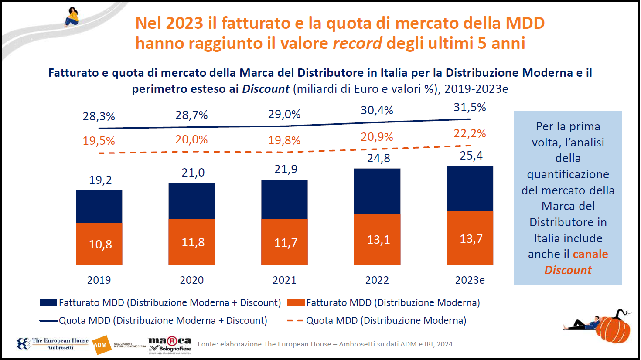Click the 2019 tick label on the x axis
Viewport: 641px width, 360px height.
pyautogui.click(x=99, y=280)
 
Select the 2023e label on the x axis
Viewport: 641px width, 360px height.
pyautogui.click(x=470, y=280)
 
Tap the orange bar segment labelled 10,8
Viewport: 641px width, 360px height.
pyautogui.click(x=99, y=244)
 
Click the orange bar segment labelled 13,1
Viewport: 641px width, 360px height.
pyautogui.click(x=377, y=239)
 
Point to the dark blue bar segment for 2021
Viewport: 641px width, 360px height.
pyautogui.click(x=284, y=199)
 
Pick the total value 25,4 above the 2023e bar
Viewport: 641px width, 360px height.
pyautogui.click(x=471, y=156)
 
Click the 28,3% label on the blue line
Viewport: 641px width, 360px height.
pyautogui.click(x=99, y=116)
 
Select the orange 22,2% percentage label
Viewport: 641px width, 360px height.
pyautogui.click(x=470, y=133)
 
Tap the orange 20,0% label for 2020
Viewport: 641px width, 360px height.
pyautogui.click(x=191, y=139)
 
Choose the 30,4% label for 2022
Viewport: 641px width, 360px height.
pyautogui.click(x=377, y=110)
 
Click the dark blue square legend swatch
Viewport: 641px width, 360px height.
pyautogui.click(x=48, y=302)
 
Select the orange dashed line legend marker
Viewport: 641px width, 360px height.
pyautogui.click(x=295, y=321)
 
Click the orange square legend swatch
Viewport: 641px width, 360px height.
pyautogui.click(x=296, y=302)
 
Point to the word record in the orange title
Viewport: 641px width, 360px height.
pyautogui.click(x=357, y=43)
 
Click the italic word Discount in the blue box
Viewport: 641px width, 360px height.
pyautogui.click(x=568, y=270)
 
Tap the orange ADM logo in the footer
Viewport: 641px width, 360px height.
pyautogui.click(x=101, y=345)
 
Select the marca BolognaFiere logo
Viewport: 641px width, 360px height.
pyautogui.click(x=170, y=344)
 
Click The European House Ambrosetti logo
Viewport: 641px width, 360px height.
pyautogui.click(x=53, y=344)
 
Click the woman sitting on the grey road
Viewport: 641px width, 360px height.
pyautogui.click(x=72, y=17)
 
